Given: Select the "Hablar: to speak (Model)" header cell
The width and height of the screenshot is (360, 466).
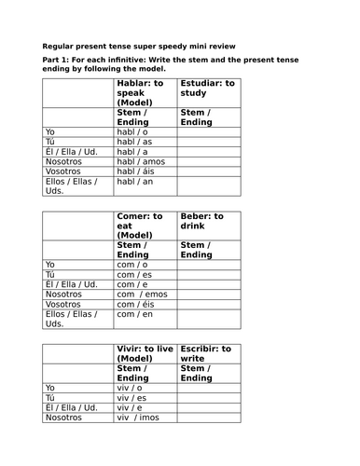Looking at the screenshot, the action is click(x=144, y=93).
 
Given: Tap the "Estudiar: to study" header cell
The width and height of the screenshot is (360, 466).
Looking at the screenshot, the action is click(x=207, y=89).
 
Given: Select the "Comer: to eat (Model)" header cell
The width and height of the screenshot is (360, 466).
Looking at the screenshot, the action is click(x=144, y=226).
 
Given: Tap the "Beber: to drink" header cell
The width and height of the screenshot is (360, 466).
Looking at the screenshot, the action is click(x=207, y=221).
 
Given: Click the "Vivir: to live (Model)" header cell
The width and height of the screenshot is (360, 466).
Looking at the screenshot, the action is click(x=144, y=358).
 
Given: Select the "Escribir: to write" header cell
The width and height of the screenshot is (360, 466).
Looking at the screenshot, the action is click(x=207, y=353).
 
